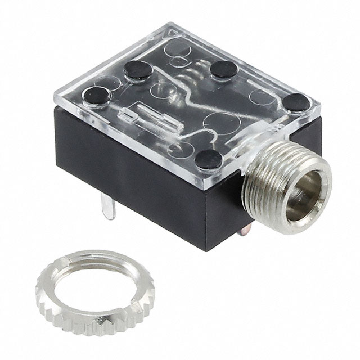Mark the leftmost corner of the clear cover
tap(55, 101)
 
